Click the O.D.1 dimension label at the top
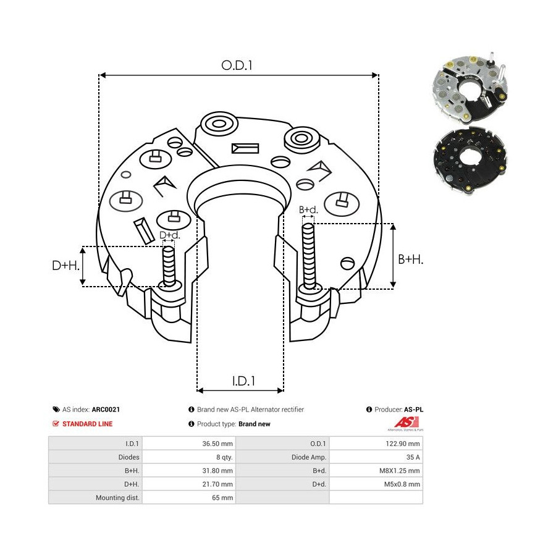point(238,65)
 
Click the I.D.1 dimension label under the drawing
point(244,381)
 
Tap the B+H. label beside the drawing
point(410,260)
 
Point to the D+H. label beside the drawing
point(65,266)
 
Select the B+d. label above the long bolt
point(308,210)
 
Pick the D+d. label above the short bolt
point(170,235)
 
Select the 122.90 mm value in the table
point(403,444)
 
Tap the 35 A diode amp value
point(413,457)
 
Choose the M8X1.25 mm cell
point(400,471)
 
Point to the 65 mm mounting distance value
point(223,498)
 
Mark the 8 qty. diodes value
point(223,457)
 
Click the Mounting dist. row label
point(117,498)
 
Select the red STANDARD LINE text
point(87,424)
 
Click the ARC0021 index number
point(106,410)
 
